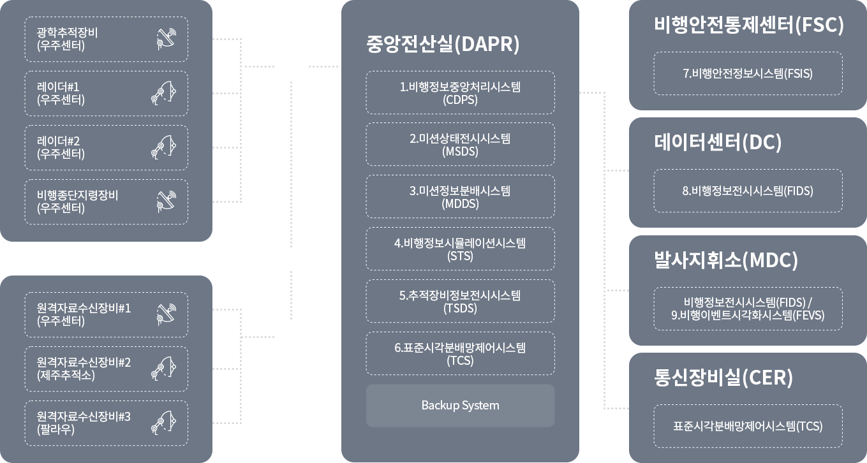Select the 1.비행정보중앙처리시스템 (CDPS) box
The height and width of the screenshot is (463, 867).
tap(460, 93)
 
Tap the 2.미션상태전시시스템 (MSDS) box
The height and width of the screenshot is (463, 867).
tap(460, 145)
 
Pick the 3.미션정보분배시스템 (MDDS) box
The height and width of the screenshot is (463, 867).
tap(460, 197)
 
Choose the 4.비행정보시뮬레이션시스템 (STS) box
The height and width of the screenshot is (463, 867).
tap(460, 249)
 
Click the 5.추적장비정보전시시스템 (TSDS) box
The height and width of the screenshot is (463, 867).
tap(460, 302)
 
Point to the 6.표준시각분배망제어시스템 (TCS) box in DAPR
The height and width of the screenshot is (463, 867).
tap(460, 354)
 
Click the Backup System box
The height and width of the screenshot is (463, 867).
tap(460, 406)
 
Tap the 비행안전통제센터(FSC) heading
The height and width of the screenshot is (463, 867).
tap(749, 25)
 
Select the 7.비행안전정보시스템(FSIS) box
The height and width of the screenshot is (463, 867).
tap(748, 73)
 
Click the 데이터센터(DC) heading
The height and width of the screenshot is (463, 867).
tap(718, 142)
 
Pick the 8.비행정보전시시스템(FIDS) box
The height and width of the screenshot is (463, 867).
tap(748, 191)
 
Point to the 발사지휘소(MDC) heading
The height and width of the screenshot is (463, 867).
tap(726, 260)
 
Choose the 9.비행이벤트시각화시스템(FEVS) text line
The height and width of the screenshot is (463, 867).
tap(748, 315)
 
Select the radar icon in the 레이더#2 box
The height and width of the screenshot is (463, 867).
tap(162, 148)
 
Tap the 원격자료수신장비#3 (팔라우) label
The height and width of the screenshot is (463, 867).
tap(84, 423)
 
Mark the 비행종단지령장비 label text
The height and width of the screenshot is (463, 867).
tap(77, 195)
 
